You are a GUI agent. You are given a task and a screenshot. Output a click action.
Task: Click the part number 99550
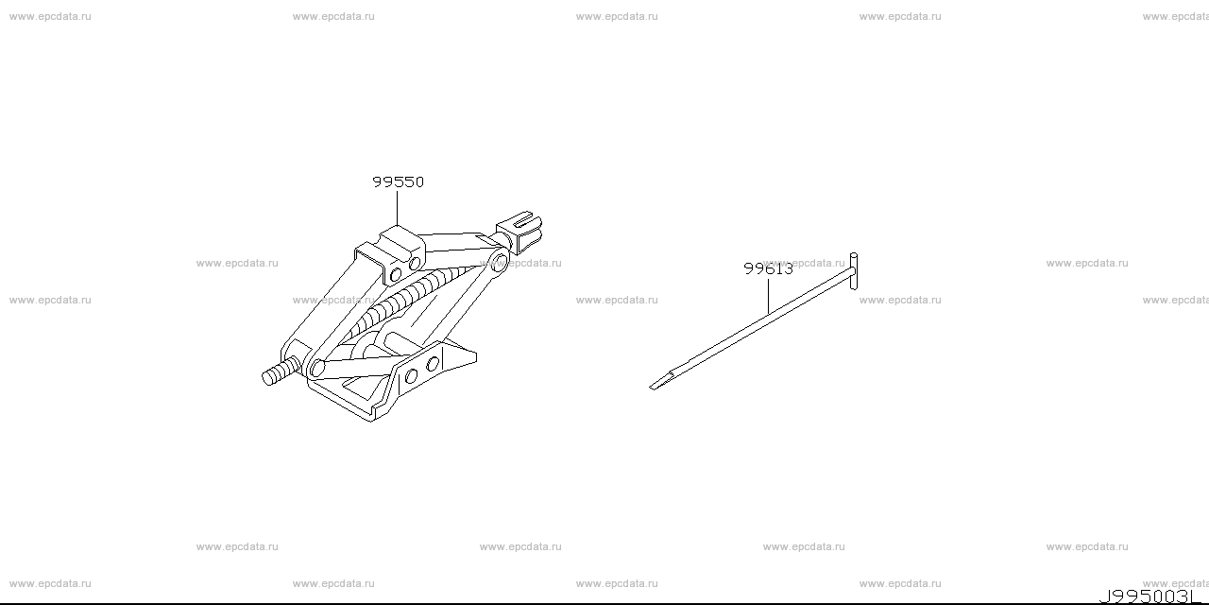pos(399,181)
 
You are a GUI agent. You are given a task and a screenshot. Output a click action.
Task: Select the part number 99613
pos(768,268)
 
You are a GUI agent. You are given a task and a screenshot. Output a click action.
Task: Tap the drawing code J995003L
pos(1147,596)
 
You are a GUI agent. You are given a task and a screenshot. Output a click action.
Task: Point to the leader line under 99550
pos(398,208)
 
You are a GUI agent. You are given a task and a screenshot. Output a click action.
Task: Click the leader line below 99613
pos(768,297)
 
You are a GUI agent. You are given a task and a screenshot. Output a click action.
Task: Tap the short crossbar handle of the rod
pos(853,271)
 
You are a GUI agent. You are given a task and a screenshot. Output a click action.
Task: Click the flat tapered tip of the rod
pos(662,381)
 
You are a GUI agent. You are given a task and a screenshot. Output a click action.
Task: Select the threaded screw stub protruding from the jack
pos(280,372)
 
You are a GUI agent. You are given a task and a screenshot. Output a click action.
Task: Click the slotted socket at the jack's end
pos(519,233)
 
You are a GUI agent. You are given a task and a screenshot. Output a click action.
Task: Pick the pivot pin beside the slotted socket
pos(500,264)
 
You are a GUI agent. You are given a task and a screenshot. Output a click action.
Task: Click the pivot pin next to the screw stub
pos(317,369)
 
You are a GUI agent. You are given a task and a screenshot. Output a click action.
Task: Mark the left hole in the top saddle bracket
pos(396,274)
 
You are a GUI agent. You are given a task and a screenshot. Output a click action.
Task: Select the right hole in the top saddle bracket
pos(415,264)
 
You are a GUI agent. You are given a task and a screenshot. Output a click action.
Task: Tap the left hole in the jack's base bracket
pos(411,376)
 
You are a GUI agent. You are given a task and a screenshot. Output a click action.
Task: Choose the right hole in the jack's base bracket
pos(433,364)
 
